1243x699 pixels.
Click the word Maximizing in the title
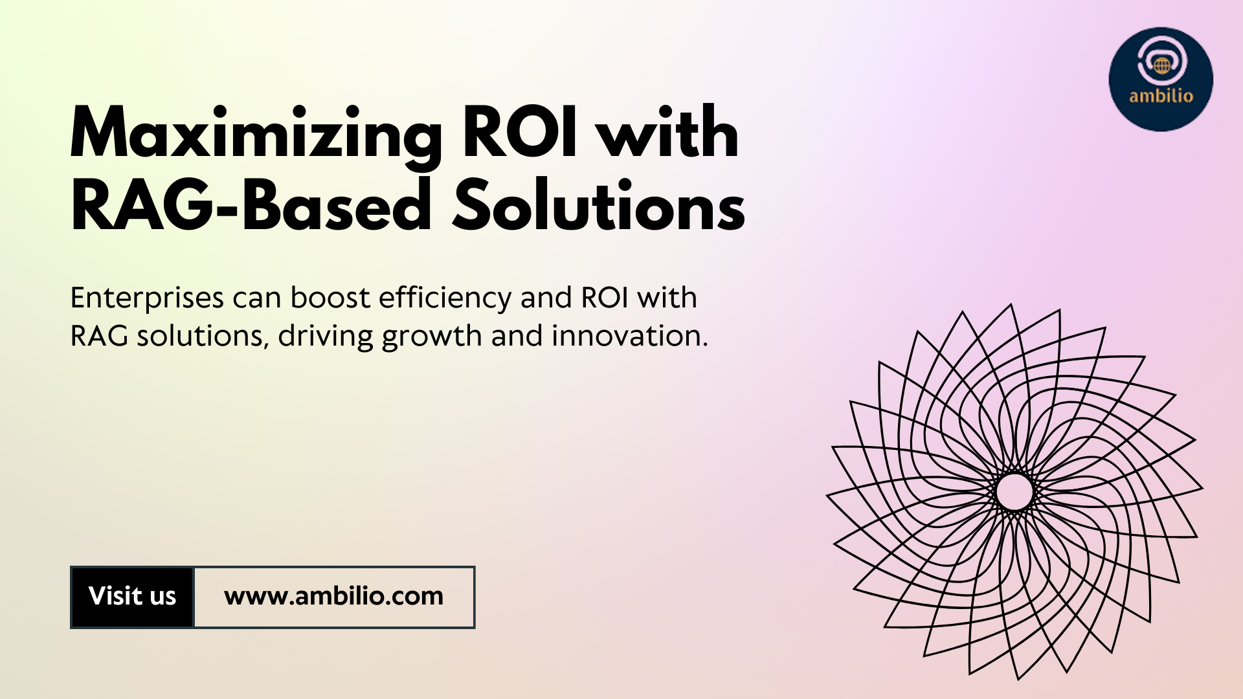click(255, 135)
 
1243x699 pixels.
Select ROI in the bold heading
click(519, 132)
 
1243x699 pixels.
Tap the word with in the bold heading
click(667, 132)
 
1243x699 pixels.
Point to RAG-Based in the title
click(251, 204)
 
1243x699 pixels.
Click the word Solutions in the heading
click(598, 204)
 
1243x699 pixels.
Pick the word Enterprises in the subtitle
click(147, 298)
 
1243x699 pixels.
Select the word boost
click(330, 297)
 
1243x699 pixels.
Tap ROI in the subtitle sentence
click(605, 298)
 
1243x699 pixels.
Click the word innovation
click(629, 336)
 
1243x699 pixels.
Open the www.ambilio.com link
click(333, 596)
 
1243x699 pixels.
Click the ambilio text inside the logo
click(1161, 96)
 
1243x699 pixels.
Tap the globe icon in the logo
click(1161, 65)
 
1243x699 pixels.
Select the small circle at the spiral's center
click(1014, 492)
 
